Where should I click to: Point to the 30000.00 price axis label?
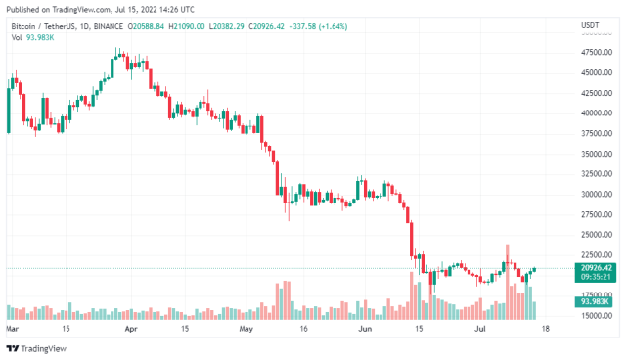tap(595, 194)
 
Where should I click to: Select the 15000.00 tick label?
tap(595, 316)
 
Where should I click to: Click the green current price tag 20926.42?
tap(595, 267)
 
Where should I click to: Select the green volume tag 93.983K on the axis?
tap(595, 302)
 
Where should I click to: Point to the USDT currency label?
tap(590, 24)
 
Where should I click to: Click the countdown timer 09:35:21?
tap(595, 277)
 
